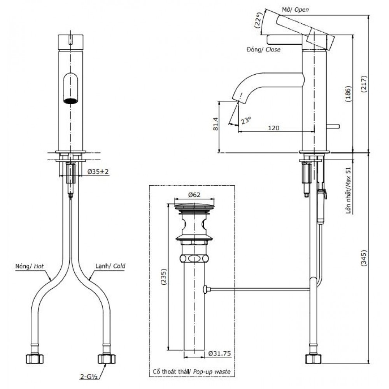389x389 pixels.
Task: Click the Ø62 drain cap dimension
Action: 194,195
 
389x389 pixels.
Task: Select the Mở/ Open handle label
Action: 295,10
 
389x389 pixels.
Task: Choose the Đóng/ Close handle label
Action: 263,50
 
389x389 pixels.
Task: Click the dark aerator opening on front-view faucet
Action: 70,102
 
